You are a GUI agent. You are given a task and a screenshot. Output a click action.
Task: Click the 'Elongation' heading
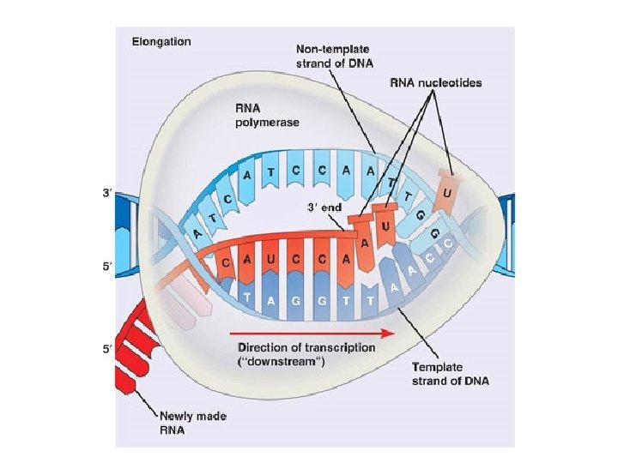pyautogui.click(x=161, y=40)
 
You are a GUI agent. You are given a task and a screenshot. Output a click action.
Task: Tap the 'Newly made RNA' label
pyautogui.click(x=188, y=422)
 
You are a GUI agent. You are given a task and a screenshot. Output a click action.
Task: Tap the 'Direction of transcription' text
pyautogui.click(x=306, y=347)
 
